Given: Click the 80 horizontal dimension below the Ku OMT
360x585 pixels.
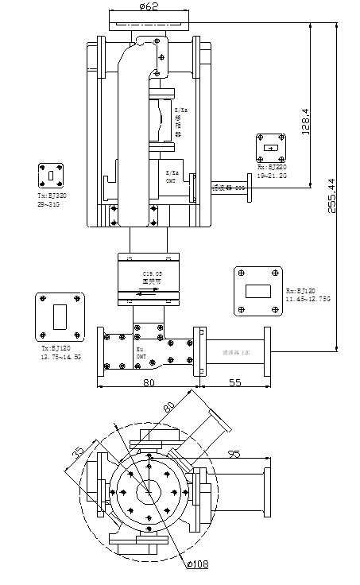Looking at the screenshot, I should click(x=148, y=382).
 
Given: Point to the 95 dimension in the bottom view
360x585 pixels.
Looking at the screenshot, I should click(x=234, y=454).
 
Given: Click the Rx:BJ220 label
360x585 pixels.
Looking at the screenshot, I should click(x=271, y=168).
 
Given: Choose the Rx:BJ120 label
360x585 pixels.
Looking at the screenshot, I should click(x=301, y=292).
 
